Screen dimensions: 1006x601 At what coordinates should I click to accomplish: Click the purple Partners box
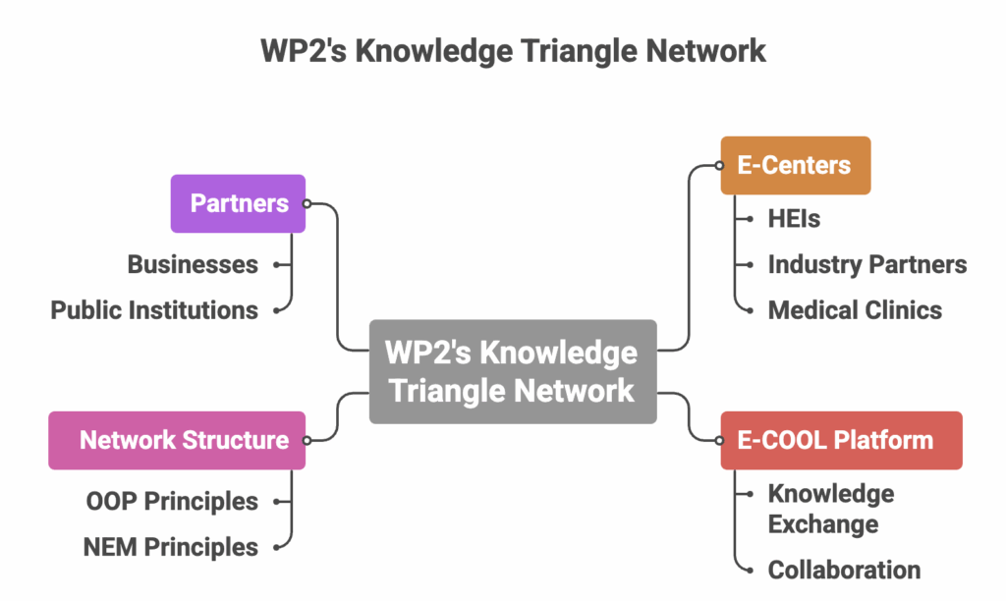pyautogui.click(x=238, y=203)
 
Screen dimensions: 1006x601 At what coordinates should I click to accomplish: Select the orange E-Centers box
pyautogui.click(x=796, y=166)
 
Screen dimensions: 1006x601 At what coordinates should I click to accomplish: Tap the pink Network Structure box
pyautogui.click(x=177, y=441)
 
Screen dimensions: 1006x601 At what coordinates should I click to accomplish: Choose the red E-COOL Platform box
pyautogui.click(x=842, y=441)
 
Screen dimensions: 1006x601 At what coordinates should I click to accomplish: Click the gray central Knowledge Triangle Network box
pyautogui.click(x=513, y=371)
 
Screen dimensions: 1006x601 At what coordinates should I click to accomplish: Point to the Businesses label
pyautogui.click(x=193, y=264)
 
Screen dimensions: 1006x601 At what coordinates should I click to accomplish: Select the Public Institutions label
pyautogui.click(x=154, y=310)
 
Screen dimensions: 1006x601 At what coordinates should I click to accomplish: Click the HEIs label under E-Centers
pyautogui.click(x=794, y=219)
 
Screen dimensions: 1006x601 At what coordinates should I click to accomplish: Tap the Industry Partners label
pyautogui.click(x=866, y=264)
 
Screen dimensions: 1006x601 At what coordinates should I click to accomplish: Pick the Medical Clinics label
pyautogui.click(x=855, y=310)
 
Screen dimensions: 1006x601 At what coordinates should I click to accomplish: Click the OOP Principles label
pyautogui.click(x=172, y=502)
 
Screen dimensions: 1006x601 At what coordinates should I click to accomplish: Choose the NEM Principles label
pyautogui.click(x=171, y=548)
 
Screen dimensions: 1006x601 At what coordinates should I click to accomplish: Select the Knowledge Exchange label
pyautogui.click(x=831, y=509)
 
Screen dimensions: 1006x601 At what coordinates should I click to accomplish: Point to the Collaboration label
pyautogui.click(x=844, y=571)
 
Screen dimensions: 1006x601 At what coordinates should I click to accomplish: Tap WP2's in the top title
pyautogui.click(x=304, y=51)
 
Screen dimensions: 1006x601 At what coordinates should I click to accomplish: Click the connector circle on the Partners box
pyautogui.click(x=307, y=204)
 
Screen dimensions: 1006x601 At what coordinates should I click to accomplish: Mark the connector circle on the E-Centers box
pyautogui.click(x=719, y=166)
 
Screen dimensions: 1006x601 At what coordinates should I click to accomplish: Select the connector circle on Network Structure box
pyautogui.click(x=307, y=441)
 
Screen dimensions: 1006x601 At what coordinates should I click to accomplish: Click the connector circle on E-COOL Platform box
pyautogui.click(x=719, y=441)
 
